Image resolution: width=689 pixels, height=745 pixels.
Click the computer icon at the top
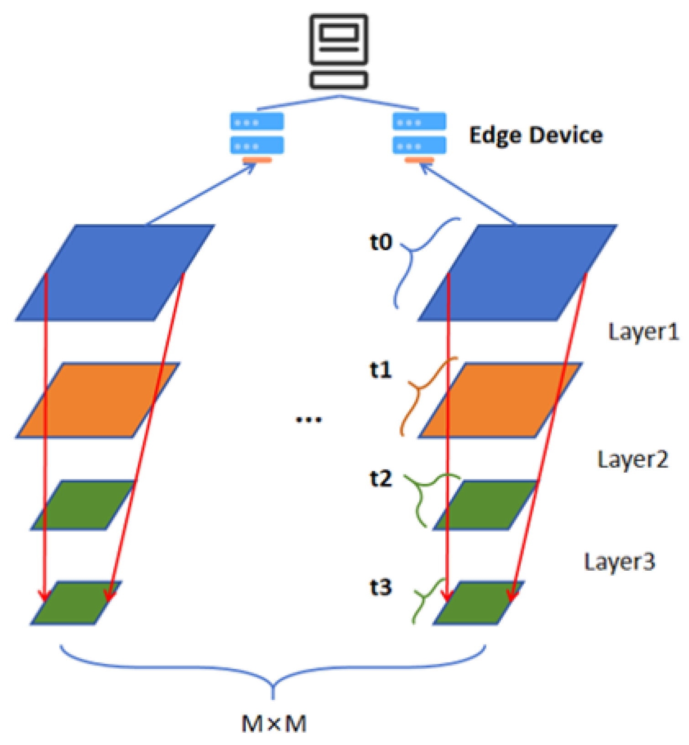point(339,51)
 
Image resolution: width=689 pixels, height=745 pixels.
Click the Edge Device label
point(536,135)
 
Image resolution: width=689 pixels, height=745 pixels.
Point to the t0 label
point(381,242)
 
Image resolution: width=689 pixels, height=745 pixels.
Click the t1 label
point(381,370)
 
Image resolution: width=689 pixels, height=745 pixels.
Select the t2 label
point(381,479)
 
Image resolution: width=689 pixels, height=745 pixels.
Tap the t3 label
point(381,587)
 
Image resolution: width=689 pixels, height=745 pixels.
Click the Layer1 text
point(643,332)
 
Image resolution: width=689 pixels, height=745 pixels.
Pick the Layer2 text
point(633,459)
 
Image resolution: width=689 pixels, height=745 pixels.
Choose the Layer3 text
point(620,562)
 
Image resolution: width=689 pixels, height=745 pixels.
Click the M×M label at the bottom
point(274,724)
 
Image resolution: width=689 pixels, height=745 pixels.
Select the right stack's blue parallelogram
point(518,273)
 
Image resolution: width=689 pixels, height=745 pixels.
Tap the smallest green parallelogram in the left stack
point(76,603)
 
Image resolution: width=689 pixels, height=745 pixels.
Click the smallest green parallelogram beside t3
point(479,603)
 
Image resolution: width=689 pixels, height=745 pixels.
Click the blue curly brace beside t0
point(418,260)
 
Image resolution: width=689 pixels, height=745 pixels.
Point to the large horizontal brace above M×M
point(273,671)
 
